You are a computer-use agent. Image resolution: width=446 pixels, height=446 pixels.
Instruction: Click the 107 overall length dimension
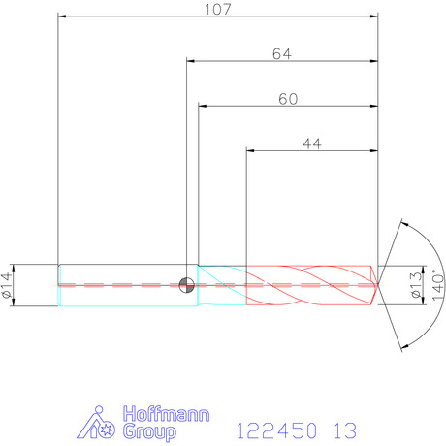pyautogui.click(x=218, y=9)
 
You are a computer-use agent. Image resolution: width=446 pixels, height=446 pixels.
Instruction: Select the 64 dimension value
pyautogui.click(x=282, y=54)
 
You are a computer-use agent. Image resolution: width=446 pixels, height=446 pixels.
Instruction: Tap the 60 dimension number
pyautogui.click(x=288, y=99)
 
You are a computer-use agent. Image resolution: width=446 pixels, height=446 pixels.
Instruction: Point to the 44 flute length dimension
pyautogui.click(x=312, y=143)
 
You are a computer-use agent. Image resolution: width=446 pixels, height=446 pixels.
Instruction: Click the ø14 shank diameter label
pyautogui.click(x=7, y=285)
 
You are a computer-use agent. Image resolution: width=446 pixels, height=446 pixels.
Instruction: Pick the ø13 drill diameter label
pyautogui.click(x=417, y=285)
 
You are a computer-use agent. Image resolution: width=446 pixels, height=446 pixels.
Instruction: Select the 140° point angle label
pyautogui.click(x=438, y=286)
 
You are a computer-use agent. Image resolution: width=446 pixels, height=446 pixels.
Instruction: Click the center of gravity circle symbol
pyautogui.click(x=186, y=285)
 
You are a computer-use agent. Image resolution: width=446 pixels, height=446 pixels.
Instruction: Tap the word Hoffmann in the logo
pyautogui.click(x=166, y=414)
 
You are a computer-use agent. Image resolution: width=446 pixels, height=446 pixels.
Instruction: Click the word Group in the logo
pyautogui.click(x=149, y=431)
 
